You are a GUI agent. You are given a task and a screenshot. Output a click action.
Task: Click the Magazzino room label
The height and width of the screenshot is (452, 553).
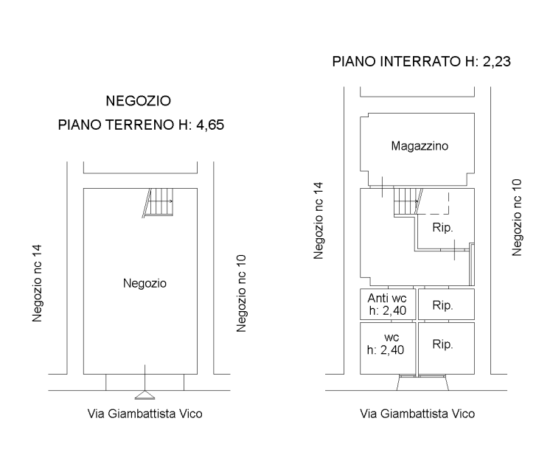[x=420, y=146]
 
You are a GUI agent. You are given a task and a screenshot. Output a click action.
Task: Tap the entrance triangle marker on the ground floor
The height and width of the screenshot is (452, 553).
[x=145, y=395]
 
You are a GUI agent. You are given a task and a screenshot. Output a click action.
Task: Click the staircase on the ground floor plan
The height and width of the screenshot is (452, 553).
[x=158, y=202]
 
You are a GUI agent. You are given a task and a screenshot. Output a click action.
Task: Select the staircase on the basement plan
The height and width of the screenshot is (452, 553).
[x=408, y=201]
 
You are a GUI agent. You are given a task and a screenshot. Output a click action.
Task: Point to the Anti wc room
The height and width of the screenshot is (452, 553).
[x=388, y=305]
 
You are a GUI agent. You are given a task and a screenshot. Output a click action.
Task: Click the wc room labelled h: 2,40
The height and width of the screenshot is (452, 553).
[x=388, y=348]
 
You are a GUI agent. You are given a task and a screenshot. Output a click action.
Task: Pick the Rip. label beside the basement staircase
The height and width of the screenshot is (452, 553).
[x=442, y=228]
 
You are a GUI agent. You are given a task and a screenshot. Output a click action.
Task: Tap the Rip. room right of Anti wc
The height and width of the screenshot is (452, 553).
[x=447, y=305]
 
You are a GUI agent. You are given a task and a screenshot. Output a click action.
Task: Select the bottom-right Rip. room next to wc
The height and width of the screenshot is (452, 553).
[x=447, y=348]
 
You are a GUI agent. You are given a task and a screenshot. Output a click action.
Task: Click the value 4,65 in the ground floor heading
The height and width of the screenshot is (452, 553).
[x=210, y=125]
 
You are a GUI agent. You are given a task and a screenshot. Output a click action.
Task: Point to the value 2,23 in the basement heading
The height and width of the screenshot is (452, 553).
[x=496, y=61]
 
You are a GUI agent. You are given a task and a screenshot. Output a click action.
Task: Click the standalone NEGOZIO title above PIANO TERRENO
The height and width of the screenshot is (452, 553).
[x=139, y=101]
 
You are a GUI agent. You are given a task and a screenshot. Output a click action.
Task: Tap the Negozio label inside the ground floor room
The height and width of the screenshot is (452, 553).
[x=145, y=283]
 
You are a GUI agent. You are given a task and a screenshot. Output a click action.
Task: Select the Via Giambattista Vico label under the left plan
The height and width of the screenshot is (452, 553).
[x=145, y=414]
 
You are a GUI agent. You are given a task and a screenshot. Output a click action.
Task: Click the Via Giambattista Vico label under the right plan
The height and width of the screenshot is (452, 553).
[x=417, y=414]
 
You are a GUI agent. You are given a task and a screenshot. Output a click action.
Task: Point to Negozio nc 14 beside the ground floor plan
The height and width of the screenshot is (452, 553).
[x=37, y=283]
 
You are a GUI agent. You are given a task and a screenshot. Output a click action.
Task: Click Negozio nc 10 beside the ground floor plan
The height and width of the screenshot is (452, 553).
[x=241, y=293]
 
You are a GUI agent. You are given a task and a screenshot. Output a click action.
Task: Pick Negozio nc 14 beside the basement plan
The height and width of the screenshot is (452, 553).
[x=318, y=220]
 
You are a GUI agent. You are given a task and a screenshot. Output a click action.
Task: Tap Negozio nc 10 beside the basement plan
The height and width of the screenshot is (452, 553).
[x=517, y=218]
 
